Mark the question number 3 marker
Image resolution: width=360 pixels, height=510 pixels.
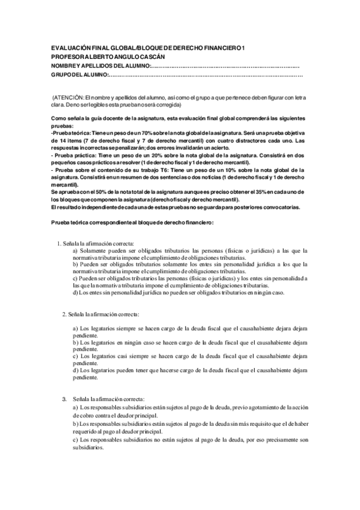(65, 399)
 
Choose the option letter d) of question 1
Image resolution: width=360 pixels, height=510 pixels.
(75, 293)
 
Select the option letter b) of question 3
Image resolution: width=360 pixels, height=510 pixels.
(75, 425)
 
